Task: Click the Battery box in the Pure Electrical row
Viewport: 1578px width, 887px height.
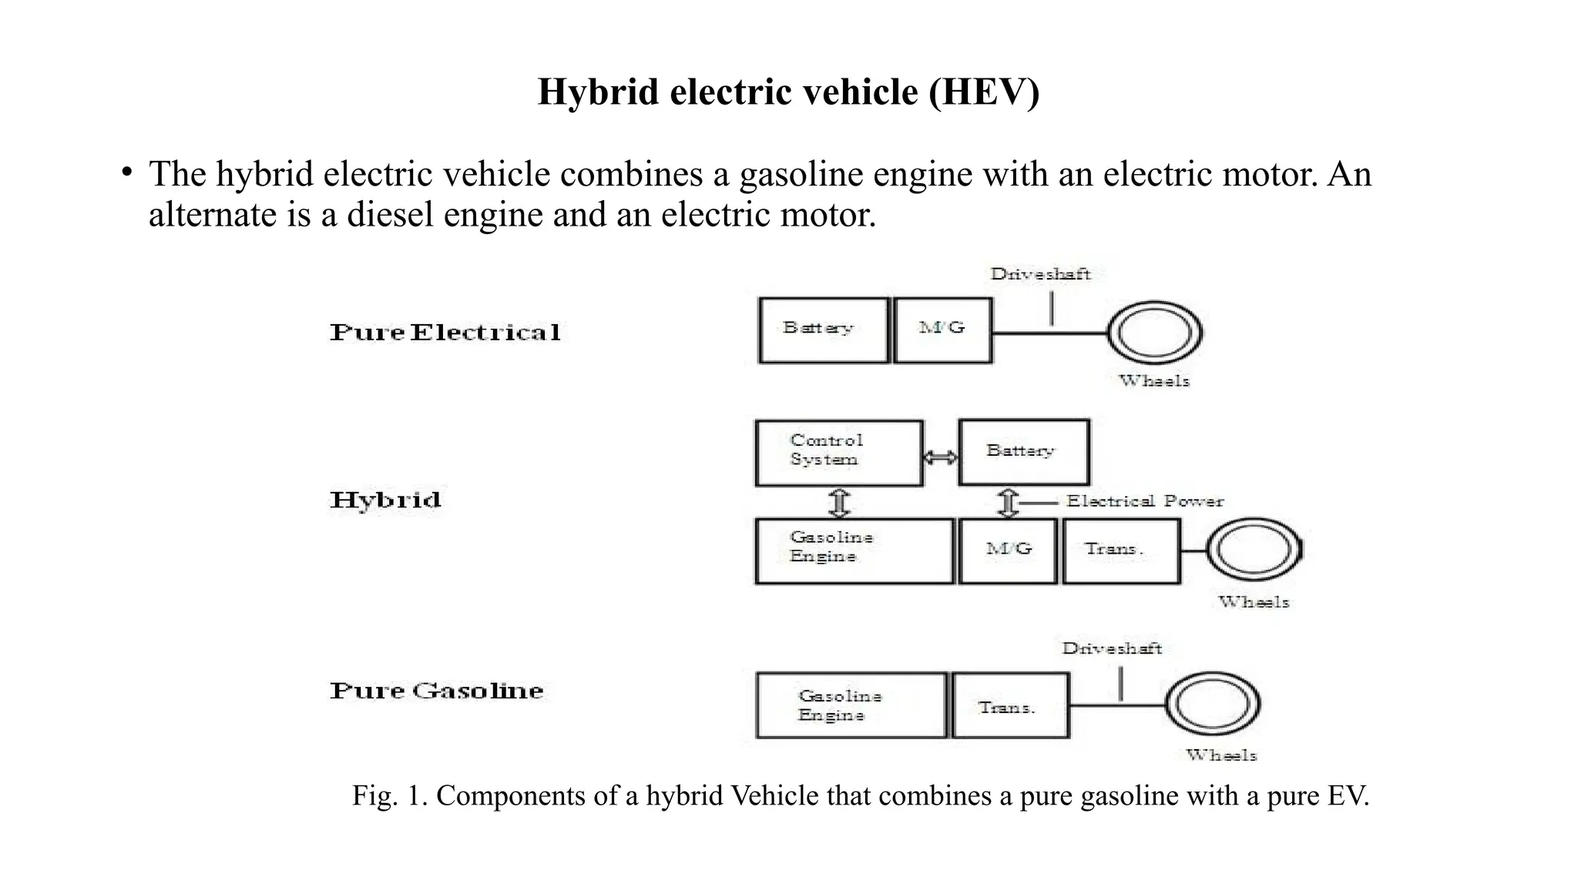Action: (824, 330)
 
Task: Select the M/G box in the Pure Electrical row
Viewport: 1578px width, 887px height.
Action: (943, 330)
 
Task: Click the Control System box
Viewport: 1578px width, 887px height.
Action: (839, 453)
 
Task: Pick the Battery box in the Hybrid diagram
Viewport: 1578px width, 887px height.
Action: (1024, 452)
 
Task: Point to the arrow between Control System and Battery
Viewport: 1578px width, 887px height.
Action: (941, 457)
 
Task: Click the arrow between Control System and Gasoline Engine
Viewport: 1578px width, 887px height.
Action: (839, 503)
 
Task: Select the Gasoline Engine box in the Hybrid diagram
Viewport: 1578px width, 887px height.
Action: (854, 551)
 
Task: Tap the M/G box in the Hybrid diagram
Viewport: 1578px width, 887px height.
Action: (1008, 551)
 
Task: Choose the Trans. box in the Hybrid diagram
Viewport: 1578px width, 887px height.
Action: (1121, 551)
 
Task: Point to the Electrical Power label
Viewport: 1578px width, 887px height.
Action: (1145, 501)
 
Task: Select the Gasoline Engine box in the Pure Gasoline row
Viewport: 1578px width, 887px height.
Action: (851, 705)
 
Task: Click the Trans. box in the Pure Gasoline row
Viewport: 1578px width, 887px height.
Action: (1011, 705)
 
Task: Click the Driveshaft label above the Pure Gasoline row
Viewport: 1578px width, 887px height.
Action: (1112, 648)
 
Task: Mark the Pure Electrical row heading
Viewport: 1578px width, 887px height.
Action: (445, 333)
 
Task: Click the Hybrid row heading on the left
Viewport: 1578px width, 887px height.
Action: (386, 500)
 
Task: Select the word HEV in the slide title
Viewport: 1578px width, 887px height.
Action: (984, 92)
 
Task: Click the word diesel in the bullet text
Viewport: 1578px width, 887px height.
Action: (391, 214)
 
